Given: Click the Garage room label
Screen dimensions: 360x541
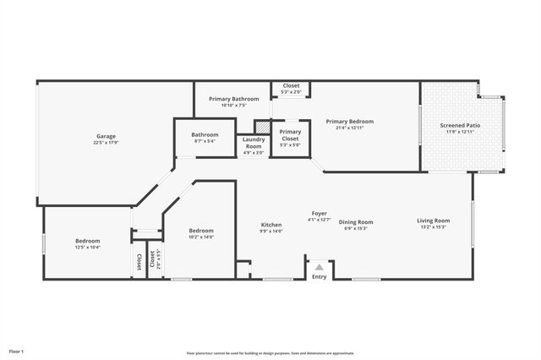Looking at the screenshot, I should pos(106,136).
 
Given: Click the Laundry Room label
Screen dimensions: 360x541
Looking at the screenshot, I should pos(254,143).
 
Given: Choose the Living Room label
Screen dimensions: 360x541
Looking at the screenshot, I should pos(433,221).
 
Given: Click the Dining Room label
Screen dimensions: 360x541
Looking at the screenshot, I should pos(356,222).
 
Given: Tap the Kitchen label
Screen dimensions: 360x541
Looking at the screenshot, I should pos(270,225).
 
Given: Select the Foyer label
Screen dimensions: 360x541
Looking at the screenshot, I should pos(319,213).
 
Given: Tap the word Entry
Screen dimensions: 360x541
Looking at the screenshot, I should pos(319,276).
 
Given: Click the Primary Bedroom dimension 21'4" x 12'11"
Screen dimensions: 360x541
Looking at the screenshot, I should pos(349,128).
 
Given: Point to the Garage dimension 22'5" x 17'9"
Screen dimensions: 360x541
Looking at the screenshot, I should pos(106,143).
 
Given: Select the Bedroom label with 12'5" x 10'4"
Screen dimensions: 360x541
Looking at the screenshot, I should pos(87,241).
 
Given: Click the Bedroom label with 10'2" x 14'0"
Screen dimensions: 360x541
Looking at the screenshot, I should pos(201,231).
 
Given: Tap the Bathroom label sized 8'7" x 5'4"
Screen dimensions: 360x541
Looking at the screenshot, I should pos(205,134).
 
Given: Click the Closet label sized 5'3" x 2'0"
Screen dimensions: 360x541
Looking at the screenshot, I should pos(291,85).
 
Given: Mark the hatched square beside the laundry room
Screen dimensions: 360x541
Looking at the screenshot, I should pos(262,127).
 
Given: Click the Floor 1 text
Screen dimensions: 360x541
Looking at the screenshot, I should pos(17,350).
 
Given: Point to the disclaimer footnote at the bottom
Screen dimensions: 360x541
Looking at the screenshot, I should pos(270,352).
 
